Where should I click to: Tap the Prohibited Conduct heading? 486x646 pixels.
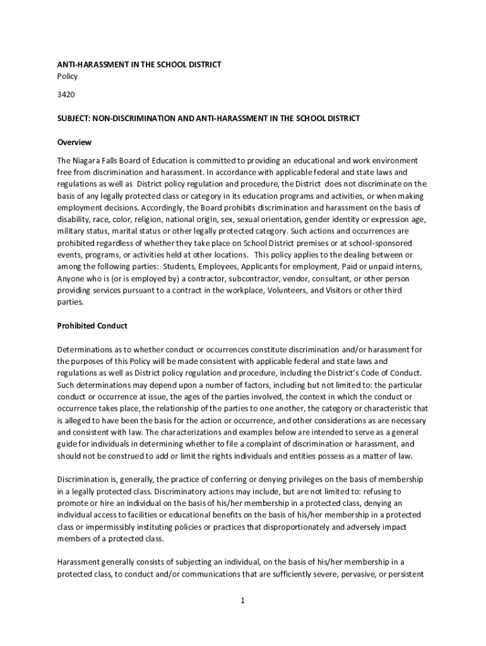click(92, 326)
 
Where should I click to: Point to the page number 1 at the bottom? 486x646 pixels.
click(242, 600)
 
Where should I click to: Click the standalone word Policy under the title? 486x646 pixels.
click(68, 76)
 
